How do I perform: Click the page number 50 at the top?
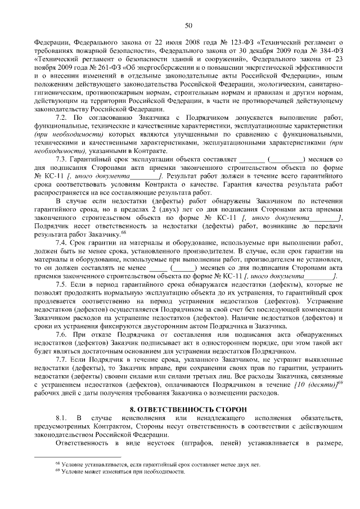[188, 25]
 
